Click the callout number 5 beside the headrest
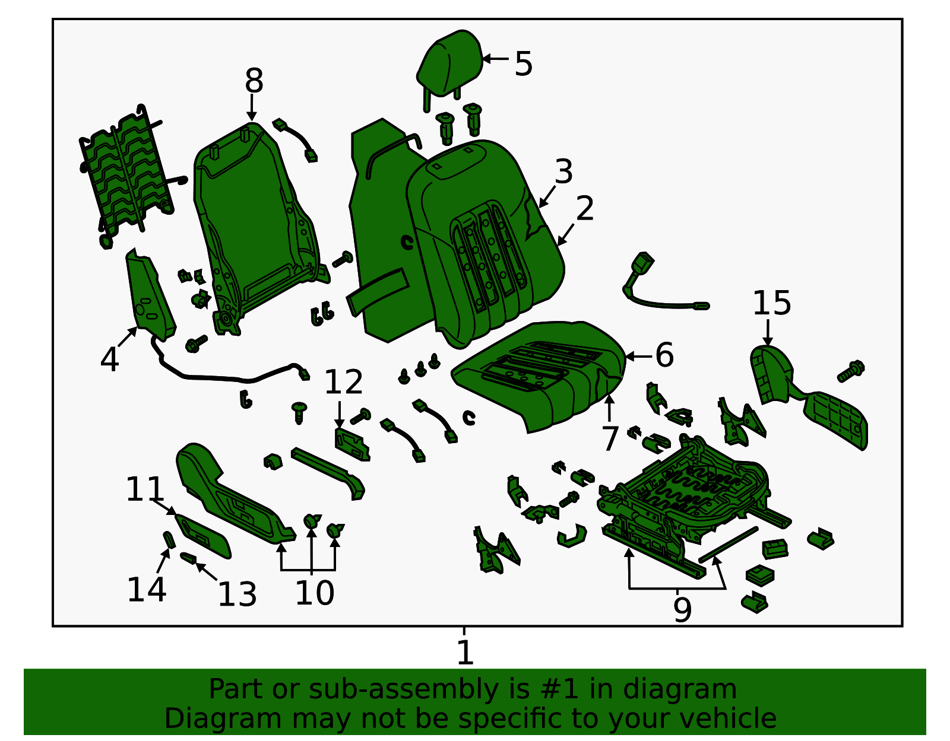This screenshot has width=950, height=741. point(523,63)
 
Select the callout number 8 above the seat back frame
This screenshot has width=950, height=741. point(254,81)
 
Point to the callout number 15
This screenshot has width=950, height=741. point(772,303)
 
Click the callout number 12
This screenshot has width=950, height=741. point(344,381)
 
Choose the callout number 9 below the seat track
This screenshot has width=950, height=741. point(682,610)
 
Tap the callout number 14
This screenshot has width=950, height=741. point(147,589)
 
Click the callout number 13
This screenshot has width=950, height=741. point(237,594)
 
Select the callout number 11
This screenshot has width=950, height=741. point(145,489)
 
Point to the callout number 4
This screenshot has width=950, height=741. point(109,360)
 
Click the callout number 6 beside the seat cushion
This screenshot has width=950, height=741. point(664,355)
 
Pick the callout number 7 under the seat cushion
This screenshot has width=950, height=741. point(610,438)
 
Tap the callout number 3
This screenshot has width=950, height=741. point(564,171)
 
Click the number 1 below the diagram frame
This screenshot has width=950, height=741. point(465,653)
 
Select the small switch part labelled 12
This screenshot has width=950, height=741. point(352,444)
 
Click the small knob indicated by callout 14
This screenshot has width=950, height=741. point(169,540)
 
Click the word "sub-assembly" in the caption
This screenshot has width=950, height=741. point(403,689)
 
